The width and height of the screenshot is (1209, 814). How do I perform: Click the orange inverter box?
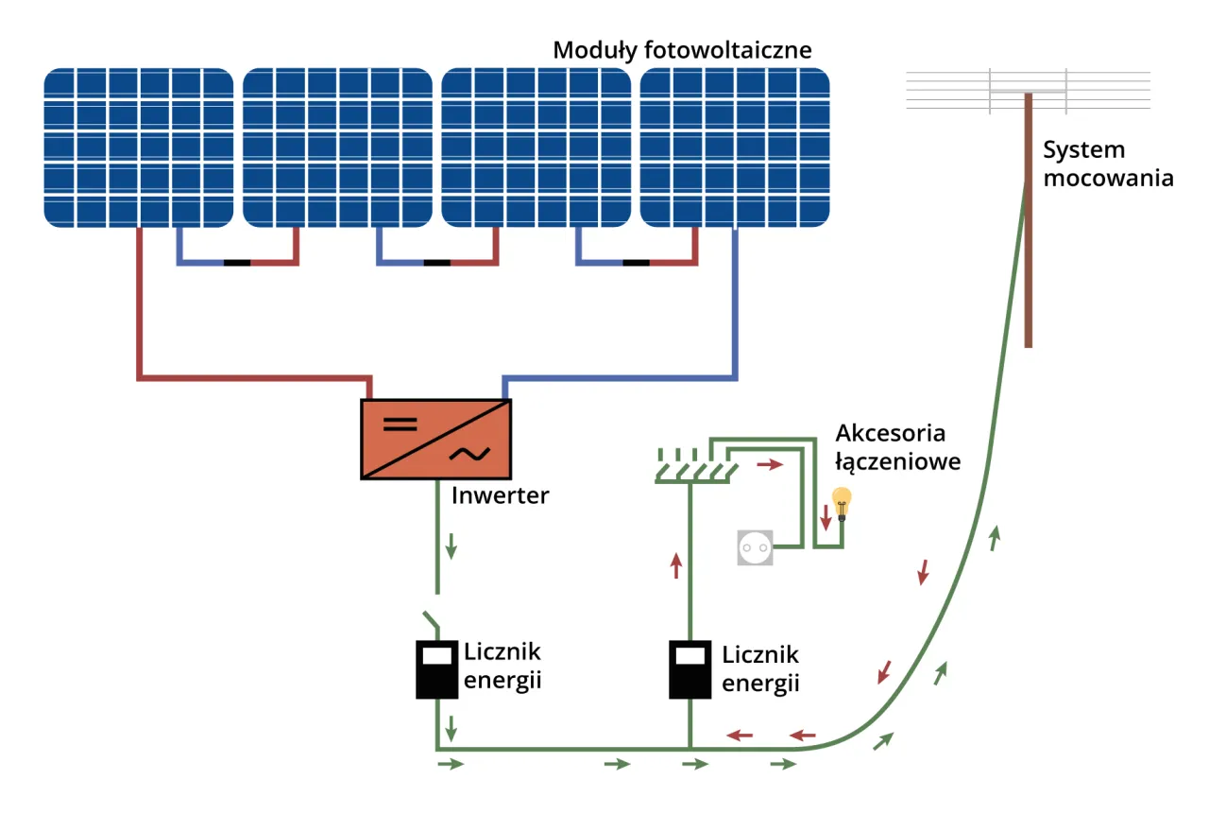coord(435,439)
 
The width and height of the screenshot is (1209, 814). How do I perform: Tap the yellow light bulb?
coord(840,502)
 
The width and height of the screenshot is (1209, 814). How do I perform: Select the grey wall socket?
coord(756,547)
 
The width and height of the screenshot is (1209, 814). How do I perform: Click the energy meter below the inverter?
coord(435,669)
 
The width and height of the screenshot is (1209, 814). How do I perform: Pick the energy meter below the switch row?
coord(690,669)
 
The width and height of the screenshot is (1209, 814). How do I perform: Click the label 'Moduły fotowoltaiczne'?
coord(682,50)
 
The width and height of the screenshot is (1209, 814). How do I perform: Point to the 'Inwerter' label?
coord(500,495)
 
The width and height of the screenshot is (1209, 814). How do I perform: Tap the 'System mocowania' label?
coord(1108,164)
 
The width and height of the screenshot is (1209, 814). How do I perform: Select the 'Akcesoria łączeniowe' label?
coord(897,447)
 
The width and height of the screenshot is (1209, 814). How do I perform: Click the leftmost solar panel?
coord(139,147)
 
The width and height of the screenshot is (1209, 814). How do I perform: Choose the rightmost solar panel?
coord(735,147)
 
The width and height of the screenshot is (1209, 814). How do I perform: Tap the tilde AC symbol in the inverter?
coord(468,453)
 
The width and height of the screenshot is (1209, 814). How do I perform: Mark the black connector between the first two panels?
coord(237,262)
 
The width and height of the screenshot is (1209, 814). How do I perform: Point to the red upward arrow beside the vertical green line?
coord(675,565)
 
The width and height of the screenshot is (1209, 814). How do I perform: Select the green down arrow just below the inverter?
coord(451,546)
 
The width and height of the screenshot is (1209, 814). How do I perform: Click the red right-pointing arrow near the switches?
coord(771,466)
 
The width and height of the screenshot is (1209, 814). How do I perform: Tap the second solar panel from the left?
coord(338,147)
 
